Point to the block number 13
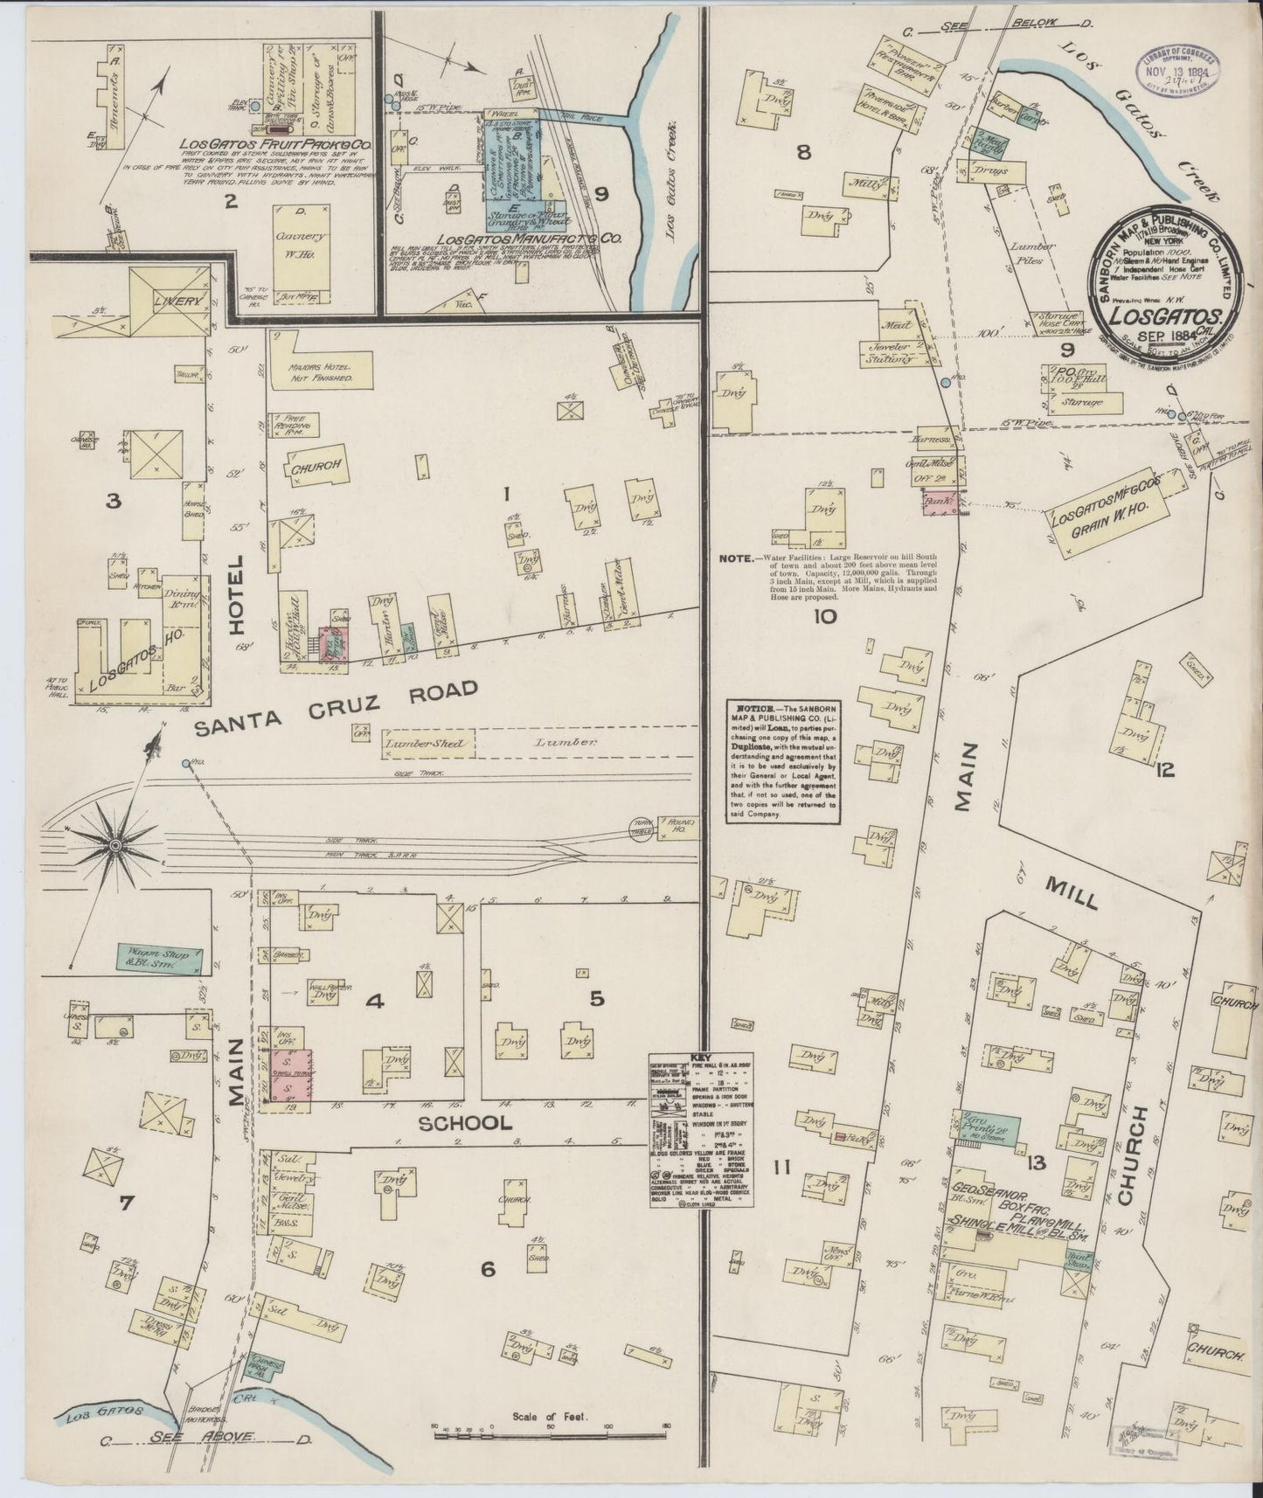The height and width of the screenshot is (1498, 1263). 1037,1162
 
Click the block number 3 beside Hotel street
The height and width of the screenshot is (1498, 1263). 112,502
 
